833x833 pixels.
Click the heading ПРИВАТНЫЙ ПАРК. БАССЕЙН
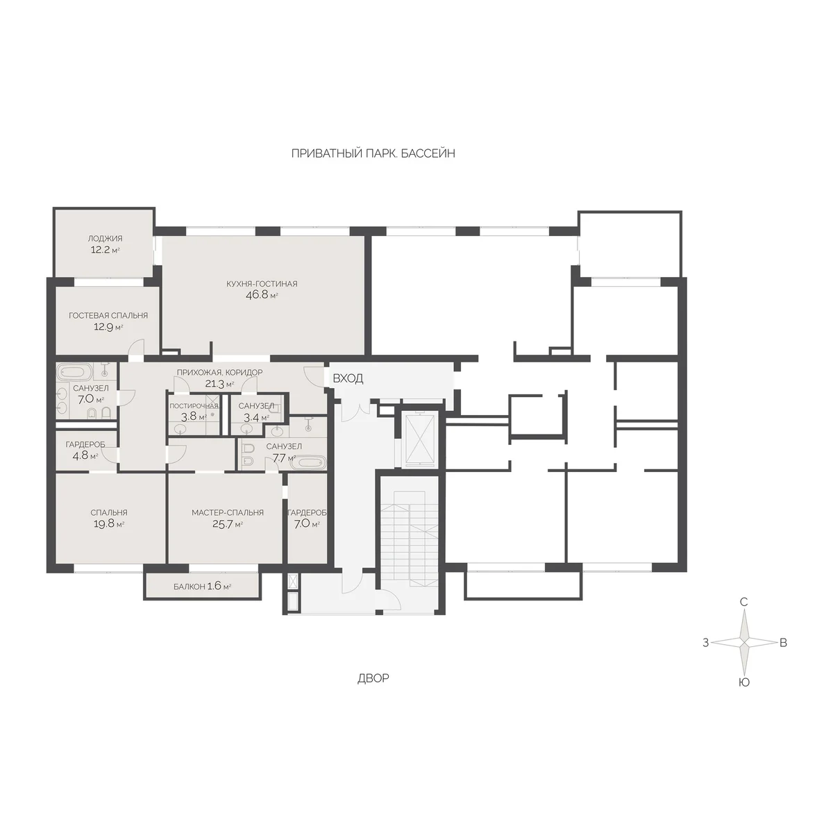click(x=373, y=153)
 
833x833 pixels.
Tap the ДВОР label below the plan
click(x=373, y=678)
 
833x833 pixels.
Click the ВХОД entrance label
click(x=348, y=379)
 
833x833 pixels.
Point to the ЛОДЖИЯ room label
click(x=105, y=238)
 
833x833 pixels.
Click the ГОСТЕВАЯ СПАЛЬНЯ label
click(x=108, y=316)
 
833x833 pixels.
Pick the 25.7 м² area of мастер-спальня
click(x=228, y=524)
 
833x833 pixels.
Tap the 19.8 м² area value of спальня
click(x=109, y=524)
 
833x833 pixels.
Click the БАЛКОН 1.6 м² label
click(x=202, y=587)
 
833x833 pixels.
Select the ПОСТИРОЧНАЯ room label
click(x=194, y=406)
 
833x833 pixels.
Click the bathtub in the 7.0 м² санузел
click(x=75, y=371)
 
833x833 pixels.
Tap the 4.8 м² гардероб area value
click(x=85, y=455)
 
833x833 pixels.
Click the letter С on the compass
click(x=743, y=602)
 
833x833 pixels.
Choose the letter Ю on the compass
click(x=743, y=682)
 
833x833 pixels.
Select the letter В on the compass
click(x=783, y=643)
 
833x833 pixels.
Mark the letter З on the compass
click(x=705, y=643)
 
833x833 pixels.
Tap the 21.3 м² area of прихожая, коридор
click(x=219, y=383)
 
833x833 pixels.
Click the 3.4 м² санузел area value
click(x=256, y=417)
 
